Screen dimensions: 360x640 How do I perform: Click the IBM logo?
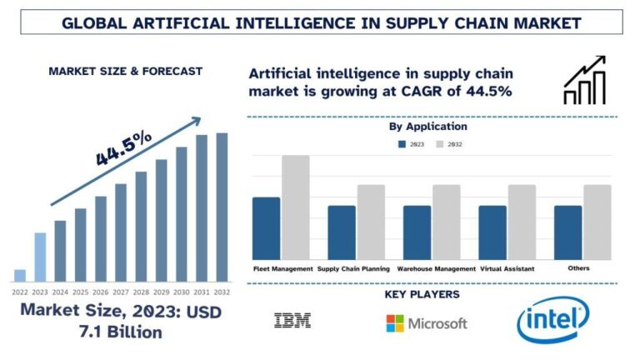[292, 320]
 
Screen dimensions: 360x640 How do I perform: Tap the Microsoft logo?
[426, 322]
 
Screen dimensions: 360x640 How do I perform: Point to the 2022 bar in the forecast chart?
[20, 275]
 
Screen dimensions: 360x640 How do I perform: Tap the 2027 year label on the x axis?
[121, 292]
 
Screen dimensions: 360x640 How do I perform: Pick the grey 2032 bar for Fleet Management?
[295, 207]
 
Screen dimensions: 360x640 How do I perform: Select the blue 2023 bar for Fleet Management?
[266, 228]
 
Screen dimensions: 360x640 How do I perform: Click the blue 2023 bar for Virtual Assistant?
[492, 232]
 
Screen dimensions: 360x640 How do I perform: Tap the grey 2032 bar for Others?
[597, 222]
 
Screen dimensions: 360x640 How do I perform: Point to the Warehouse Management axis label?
[436, 269]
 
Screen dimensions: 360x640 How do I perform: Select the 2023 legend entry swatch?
[402, 144]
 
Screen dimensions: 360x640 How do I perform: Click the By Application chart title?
[427, 127]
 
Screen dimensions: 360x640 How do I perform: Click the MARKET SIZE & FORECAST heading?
[125, 71]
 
